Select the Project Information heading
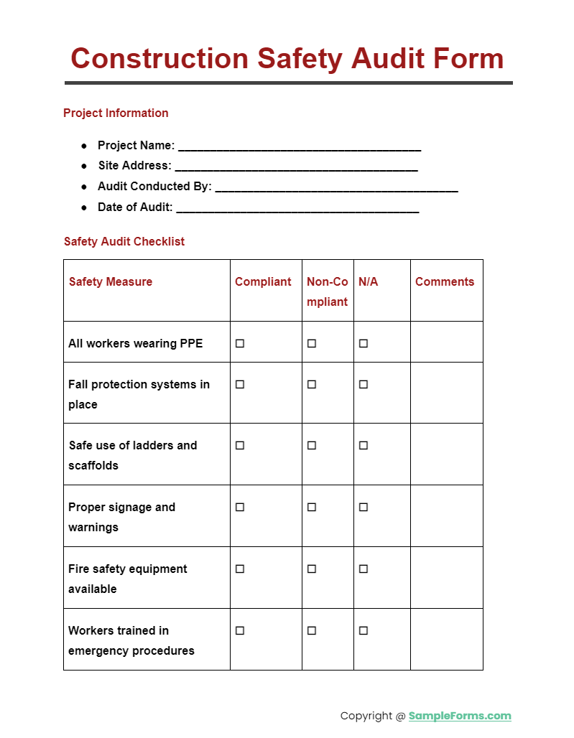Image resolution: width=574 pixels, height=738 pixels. coord(116,113)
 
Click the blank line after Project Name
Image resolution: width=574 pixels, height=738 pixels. coord(299,147)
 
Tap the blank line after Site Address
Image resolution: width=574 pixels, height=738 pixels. coord(296,167)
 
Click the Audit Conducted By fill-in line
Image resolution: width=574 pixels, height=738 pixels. coord(336,188)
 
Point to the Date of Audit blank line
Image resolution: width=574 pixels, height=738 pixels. coord(297,209)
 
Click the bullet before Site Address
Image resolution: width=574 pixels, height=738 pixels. coord(84,166)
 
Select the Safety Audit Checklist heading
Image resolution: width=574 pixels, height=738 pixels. coord(124,241)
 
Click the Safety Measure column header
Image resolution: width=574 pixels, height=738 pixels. coord(111,281)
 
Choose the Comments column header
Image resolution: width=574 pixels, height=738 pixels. coord(445,281)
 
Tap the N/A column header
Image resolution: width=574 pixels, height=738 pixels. coord(368,281)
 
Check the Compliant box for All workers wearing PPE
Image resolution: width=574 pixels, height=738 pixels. coord(240,343)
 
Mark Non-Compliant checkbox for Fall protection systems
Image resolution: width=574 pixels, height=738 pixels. coord(312,384)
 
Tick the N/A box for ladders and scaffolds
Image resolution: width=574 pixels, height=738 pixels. coord(364,445)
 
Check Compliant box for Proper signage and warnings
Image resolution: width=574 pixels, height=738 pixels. coord(240,507)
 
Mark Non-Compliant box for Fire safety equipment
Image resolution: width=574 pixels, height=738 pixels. coord(312,569)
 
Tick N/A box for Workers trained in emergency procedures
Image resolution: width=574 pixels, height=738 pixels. coord(364,630)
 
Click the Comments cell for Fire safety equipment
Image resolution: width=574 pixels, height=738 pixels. coord(446,577)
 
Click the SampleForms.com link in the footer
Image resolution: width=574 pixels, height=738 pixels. coord(460,716)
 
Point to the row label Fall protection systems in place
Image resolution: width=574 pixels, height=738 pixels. coord(139,394)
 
